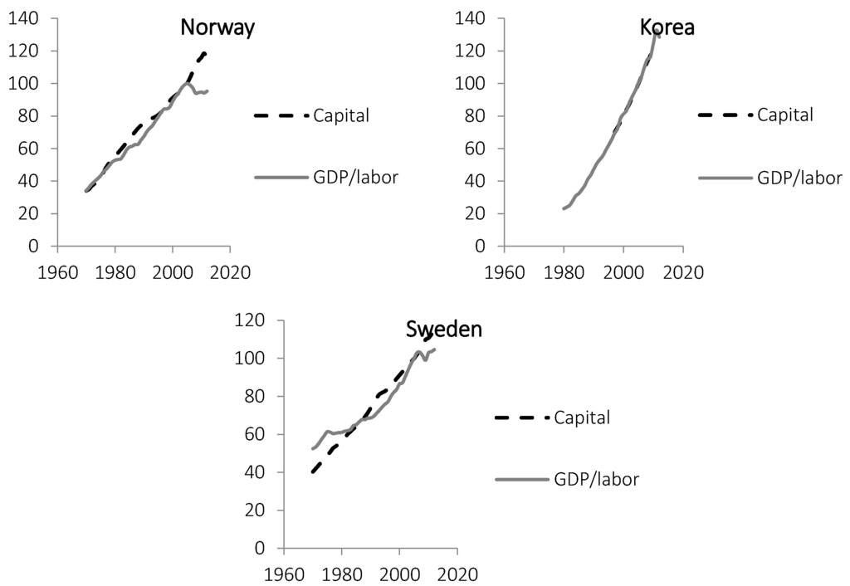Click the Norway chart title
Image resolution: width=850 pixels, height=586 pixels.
click(217, 28)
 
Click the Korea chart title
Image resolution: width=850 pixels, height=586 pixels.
click(667, 28)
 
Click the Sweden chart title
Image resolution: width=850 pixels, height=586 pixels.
click(444, 330)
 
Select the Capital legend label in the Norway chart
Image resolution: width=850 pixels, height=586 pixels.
click(340, 115)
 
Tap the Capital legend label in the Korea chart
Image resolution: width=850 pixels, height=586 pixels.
click(785, 115)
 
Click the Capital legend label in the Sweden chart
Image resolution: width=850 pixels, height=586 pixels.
click(581, 418)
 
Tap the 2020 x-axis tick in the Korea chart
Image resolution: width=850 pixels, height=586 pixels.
click(683, 271)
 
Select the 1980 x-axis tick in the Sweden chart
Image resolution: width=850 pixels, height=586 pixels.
click(342, 573)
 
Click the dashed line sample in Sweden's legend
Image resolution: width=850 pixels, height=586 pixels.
click(520, 418)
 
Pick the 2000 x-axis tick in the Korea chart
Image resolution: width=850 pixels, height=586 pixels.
click(624, 271)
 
